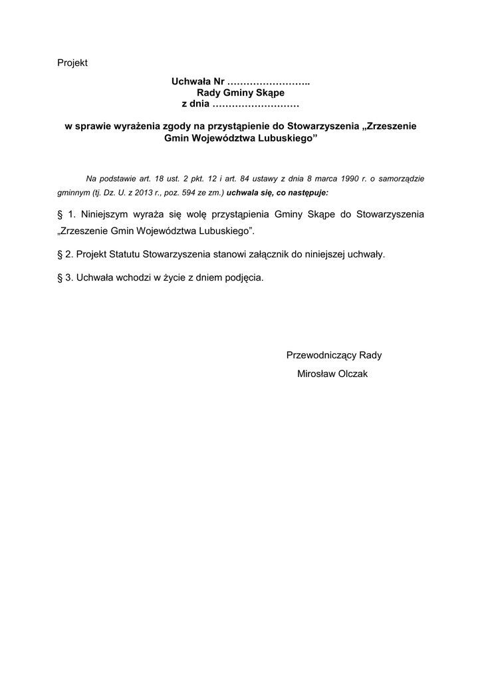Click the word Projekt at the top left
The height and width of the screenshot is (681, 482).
tap(72, 63)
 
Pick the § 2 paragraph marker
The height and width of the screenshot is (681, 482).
tap(65, 255)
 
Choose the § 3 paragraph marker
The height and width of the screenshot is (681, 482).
tap(65, 277)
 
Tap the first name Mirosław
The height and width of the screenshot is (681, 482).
tap(316, 374)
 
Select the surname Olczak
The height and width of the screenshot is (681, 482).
tap(352, 374)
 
